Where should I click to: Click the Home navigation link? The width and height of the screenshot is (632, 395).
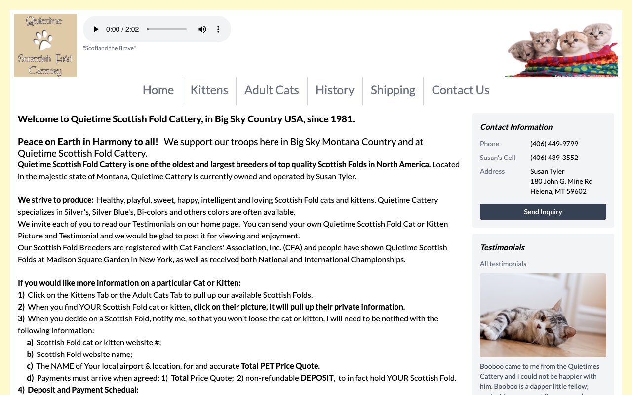point(158,90)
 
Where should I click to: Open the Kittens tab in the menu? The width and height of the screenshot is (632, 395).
point(209,90)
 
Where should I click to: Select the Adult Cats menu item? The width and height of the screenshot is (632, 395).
point(272,90)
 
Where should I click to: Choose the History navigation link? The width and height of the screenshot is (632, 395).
point(335,90)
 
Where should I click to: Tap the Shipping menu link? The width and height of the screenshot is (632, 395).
point(393,90)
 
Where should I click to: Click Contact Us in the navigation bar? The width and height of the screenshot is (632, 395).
point(460,90)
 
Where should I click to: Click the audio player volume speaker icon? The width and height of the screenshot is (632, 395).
point(202,29)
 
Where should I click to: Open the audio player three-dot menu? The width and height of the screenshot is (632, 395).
point(218,29)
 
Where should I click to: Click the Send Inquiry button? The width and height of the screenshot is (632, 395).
point(543,212)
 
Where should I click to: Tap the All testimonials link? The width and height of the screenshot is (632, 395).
point(503,264)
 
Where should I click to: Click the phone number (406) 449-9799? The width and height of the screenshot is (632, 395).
point(554,144)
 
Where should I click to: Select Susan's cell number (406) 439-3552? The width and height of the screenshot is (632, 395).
point(554,158)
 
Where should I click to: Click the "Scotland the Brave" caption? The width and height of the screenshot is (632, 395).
point(109,48)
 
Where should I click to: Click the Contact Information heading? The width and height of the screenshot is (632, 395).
point(516,127)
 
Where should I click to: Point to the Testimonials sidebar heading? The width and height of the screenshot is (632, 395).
point(502,247)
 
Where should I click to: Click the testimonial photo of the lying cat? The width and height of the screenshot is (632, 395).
point(543,315)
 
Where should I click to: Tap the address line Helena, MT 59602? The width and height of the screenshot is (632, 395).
point(558,191)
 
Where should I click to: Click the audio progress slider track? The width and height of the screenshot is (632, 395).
point(167,29)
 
